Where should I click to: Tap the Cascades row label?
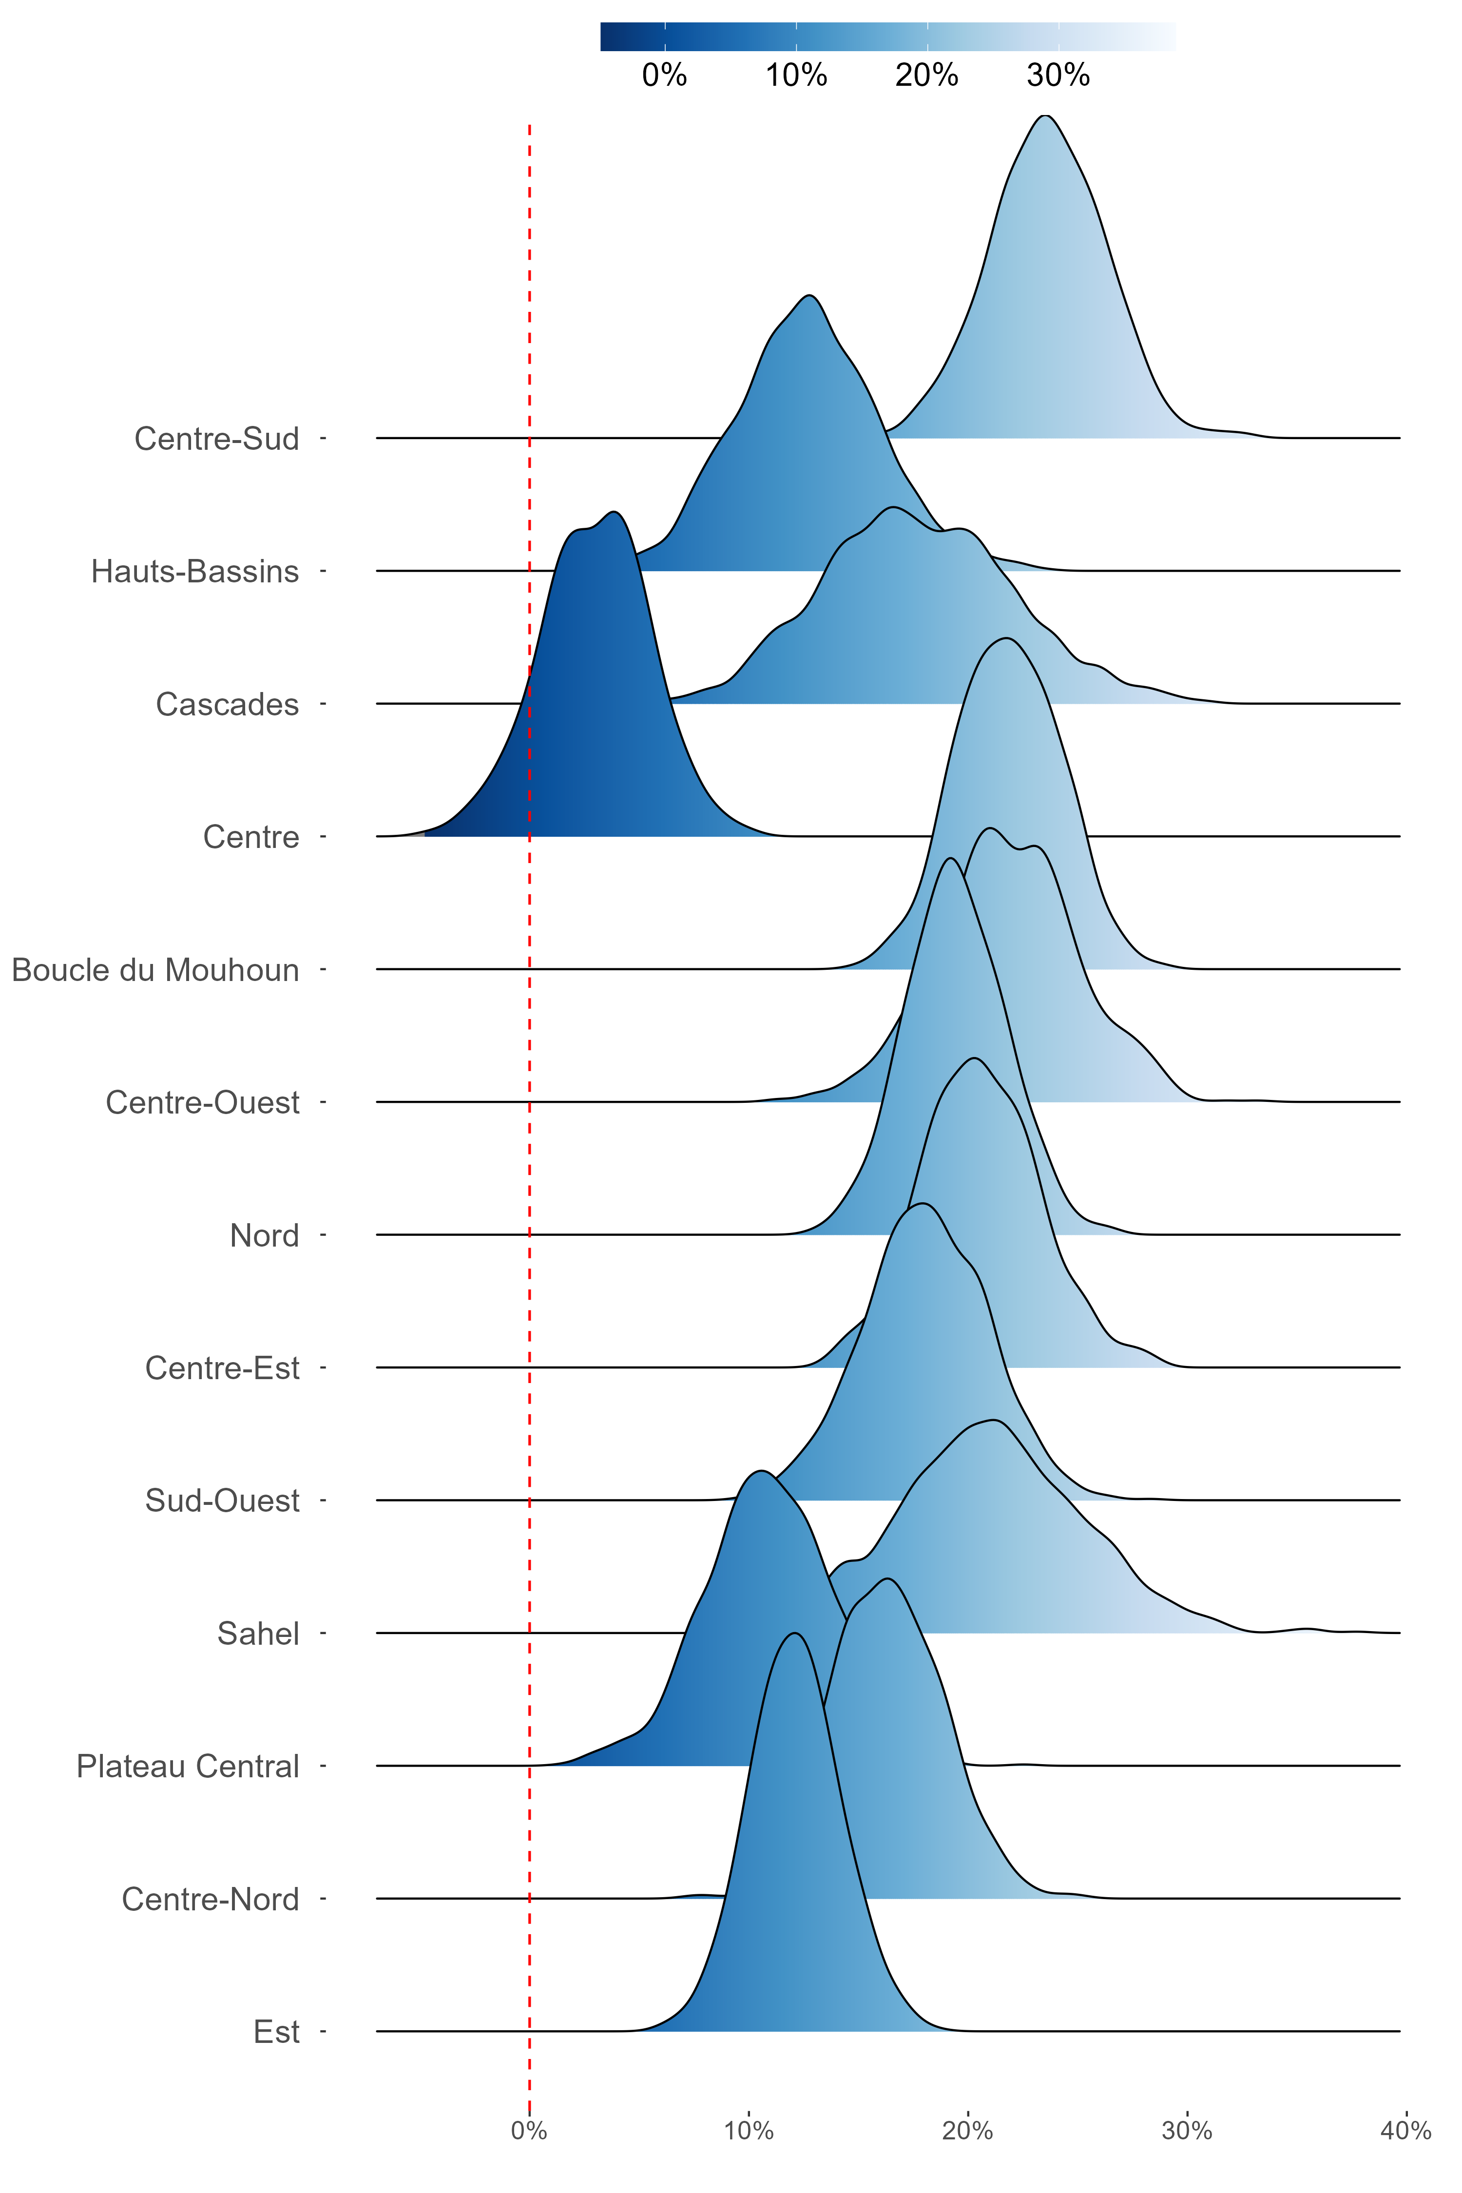(228, 704)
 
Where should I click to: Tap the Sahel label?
(258, 1634)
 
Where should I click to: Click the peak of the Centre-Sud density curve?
(1046, 115)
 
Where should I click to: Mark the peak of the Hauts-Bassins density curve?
(810, 296)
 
